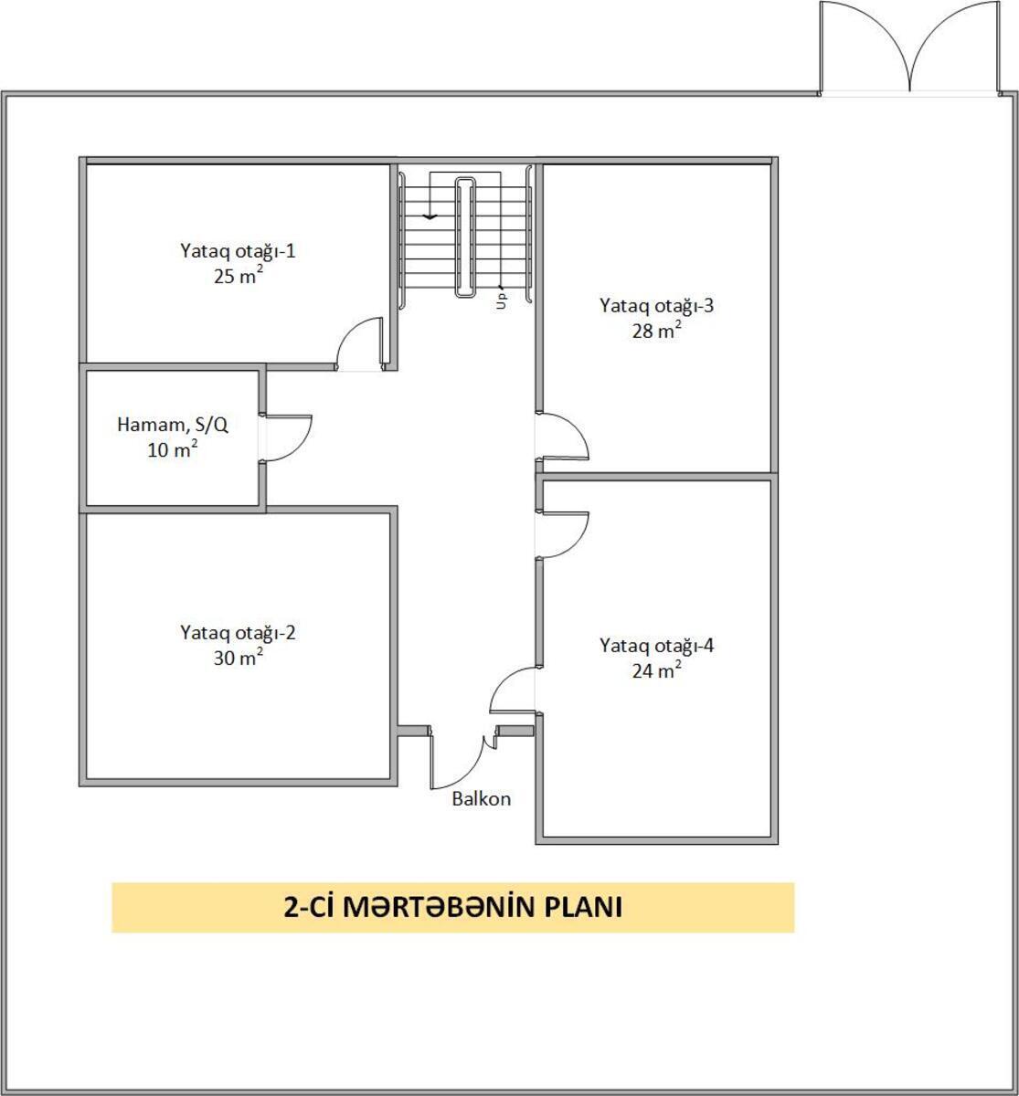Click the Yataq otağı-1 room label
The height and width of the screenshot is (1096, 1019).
[x=238, y=252]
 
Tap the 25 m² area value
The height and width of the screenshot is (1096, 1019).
[x=238, y=276]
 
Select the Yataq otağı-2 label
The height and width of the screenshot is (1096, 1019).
[x=238, y=633]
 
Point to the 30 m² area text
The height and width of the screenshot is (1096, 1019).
[x=238, y=657]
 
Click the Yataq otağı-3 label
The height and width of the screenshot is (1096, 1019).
[x=657, y=306]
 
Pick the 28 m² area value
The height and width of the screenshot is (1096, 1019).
[x=657, y=330]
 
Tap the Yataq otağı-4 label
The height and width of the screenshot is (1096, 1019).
[x=657, y=647]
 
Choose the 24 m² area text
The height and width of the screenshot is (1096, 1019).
[x=657, y=670]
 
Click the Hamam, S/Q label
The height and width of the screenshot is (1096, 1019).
[x=173, y=425]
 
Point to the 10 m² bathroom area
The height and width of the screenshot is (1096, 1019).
[x=173, y=449]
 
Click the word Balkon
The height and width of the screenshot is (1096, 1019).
[x=481, y=798]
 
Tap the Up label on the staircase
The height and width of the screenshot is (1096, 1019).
[x=501, y=300]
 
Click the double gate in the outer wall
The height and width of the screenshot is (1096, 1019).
[x=909, y=48]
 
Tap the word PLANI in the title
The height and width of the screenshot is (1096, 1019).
[x=583, y=907]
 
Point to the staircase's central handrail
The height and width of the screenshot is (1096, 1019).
[x=464, y=237]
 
